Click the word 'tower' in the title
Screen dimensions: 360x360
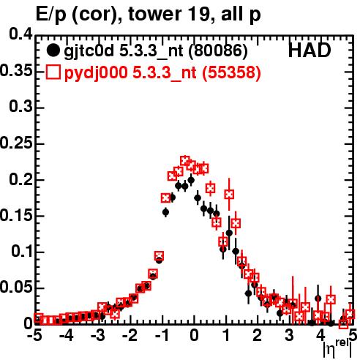tap(155, 15)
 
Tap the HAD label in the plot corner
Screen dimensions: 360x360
tap(310, 50)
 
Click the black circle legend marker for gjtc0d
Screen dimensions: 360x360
tap(53, 50)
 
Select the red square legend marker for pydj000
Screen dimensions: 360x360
tap(53, 72)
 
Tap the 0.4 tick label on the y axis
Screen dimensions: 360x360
tap(20, 34)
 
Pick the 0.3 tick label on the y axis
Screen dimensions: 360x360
tap(20, 107)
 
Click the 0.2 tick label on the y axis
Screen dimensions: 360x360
tap(20, 179)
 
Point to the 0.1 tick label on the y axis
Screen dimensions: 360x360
tap(22, 251)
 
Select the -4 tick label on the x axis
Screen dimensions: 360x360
tap(67, 336)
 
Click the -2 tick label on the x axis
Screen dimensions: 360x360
tap(130, 336)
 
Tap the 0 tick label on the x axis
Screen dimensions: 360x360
tap(194, 336)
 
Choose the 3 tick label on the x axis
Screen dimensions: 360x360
tap(289, 336)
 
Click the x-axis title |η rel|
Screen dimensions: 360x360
tap(337, 349)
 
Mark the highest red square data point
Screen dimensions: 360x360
tap(184, 160)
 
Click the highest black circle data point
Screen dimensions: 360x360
tap(191, 180)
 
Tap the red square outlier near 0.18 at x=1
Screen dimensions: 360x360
tap(229, 195)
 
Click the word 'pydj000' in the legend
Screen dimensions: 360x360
tap(96, 73)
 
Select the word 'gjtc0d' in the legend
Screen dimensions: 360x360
tap(89, 51)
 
